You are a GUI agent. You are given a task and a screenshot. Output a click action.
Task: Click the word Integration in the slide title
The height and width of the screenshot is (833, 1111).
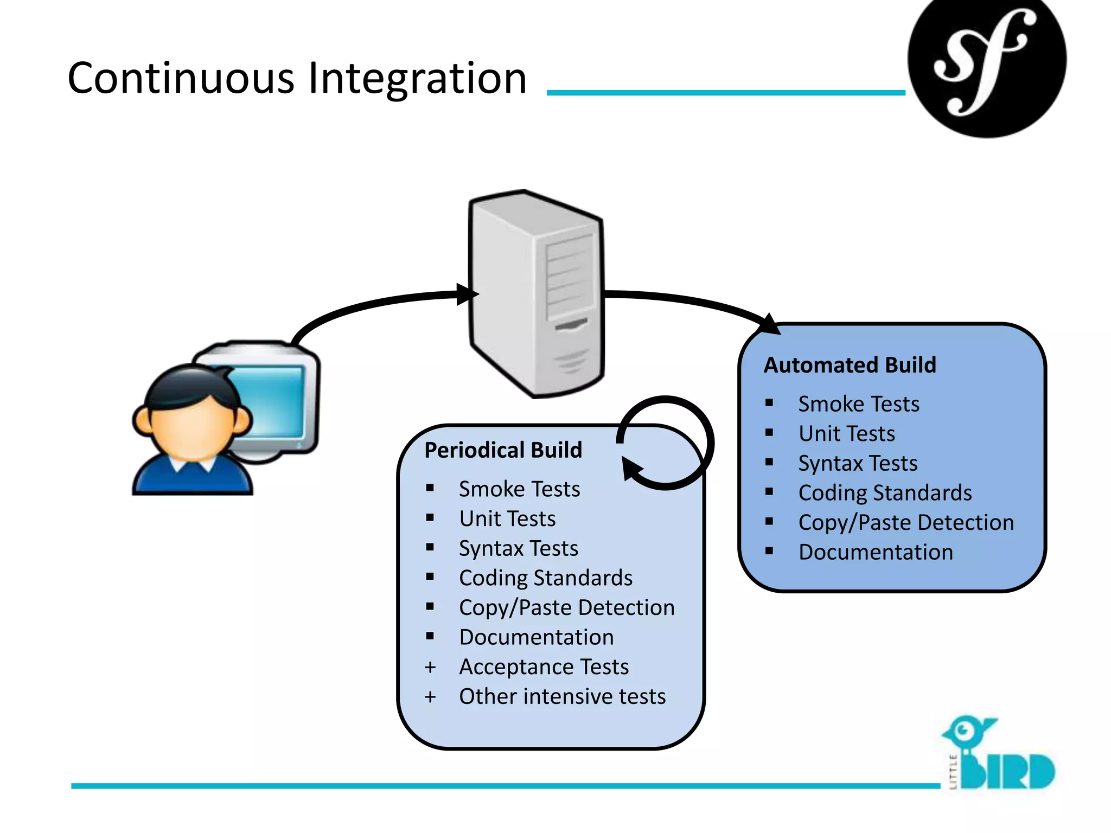coord(417,79)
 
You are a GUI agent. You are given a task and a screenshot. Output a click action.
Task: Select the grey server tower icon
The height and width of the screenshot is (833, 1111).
coord(536,293)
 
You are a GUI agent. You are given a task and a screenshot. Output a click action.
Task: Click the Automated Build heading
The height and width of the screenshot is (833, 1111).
coord(850,365)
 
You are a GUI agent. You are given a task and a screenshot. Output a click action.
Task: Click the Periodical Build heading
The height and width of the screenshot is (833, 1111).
coord(503,450)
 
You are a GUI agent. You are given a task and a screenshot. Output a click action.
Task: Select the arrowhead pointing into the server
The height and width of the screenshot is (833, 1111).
coord(467,294)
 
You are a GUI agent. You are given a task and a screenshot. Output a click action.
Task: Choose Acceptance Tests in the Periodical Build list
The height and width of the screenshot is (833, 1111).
coord(544,667)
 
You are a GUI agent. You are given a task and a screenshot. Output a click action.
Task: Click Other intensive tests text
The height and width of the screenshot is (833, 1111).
coord(562,696)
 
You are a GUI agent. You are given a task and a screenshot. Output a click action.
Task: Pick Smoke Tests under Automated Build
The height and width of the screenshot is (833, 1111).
coord(859,404)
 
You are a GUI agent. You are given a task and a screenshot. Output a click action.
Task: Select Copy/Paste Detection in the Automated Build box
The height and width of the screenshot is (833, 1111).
coord(906,523)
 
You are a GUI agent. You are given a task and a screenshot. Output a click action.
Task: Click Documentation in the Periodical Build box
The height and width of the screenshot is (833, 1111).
coord(536,637)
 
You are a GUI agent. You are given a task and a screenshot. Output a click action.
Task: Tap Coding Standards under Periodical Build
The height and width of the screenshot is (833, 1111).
coord(545,578)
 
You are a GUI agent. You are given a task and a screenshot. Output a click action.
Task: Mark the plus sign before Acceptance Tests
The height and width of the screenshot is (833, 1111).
coord(430,667)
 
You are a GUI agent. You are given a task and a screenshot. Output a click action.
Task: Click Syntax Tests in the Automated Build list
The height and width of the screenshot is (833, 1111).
coord(858,463)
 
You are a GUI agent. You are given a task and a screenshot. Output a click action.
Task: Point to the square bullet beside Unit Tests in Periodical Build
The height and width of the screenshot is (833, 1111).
coord(430,518)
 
